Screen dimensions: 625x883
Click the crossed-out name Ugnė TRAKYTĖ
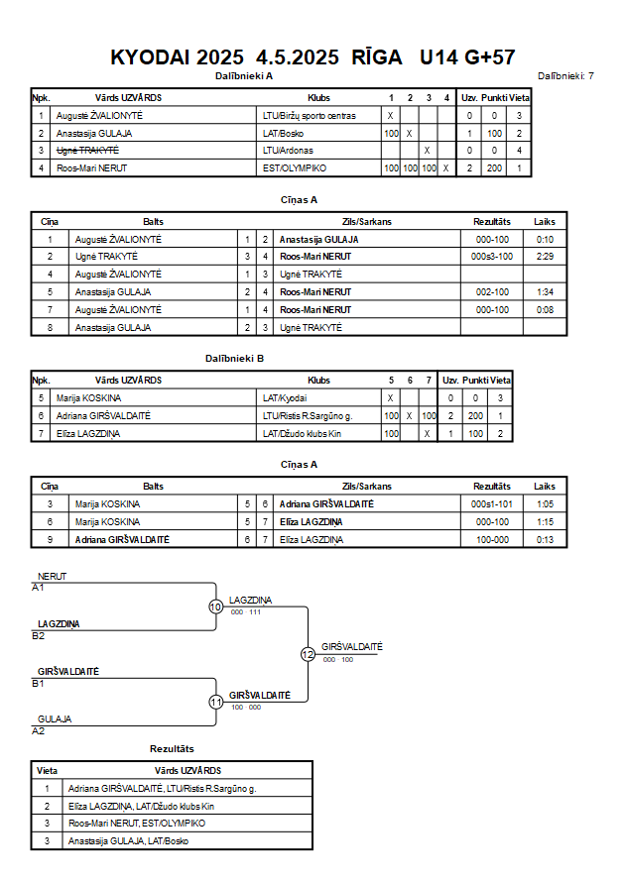[x=87, y=151]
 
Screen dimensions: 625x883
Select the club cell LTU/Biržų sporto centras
[x=309, y=116]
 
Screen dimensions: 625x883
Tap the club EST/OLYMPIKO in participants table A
[x=295, y=168]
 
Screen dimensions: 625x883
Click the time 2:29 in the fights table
[x=545, y=257]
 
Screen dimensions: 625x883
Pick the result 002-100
[x=492, y=292]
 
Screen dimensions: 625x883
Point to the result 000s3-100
[x=492, y=257]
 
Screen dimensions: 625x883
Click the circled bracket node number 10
[x=216, y=607]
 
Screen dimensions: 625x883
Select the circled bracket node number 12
[x=308, y=654]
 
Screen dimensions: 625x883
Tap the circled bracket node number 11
[x=216, y=703]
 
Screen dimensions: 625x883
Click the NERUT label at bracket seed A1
[x=52, y=577]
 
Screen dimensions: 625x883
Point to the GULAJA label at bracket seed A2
[x=55, y=719]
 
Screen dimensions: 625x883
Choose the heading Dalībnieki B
[x=234, y=359]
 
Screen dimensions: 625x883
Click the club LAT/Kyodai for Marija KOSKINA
[x=285, y=398]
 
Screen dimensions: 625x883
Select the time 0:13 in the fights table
[x=545, y=540]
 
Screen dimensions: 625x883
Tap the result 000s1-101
[x=492, y=504]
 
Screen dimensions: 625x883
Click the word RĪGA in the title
[x=376, y=56]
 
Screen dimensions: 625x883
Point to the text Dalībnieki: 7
[x=565, y=76]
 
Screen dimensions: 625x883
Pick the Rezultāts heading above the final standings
[x=172, y=749]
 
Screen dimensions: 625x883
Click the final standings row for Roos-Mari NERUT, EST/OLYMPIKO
[x=172, y=824]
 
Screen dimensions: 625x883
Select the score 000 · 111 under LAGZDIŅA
[x=246, y=612]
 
